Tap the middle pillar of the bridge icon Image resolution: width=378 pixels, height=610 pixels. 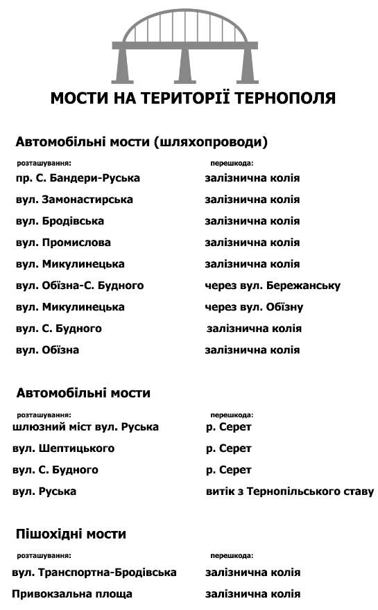pyautogui.click(x=184, y=66)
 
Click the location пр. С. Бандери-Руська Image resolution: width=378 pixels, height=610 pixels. pyautogui.click(x=78, y=178)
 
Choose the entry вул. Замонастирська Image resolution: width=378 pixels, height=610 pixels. pyautogui.click(x=74, y=200)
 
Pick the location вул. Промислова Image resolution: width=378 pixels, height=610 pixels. pyautogui.click(x=63, y=243)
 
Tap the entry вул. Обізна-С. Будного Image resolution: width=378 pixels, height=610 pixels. pyautogui.click(x=80, y=286)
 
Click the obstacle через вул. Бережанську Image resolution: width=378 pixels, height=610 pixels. pyautogui.click(x=273, y=286)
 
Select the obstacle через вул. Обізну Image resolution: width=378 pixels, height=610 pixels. pyautogui.click(x=254, y=307)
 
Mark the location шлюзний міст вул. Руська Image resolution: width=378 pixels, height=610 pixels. pyautogui.click(x=86, y=427)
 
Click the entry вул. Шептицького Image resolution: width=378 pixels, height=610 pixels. pyautogui.click(x=64, y=448)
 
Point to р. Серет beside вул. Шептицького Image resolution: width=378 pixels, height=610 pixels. pyautogui.click(x=229, y=448)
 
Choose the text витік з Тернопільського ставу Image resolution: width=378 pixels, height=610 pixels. pyautogui.click(x=290, y=491)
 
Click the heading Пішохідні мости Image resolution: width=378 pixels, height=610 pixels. pyautogui.click(x=71, y=534)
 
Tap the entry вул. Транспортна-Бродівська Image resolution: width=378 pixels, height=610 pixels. pyautogui.click(x=95, y=573)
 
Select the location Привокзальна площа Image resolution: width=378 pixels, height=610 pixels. pyautogui.click(x=73, y=594)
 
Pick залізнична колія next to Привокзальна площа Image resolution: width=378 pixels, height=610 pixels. pyautogui.click(x=253, y=594)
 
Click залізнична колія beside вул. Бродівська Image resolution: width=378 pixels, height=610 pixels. pyautogui.click(x=252, y=221)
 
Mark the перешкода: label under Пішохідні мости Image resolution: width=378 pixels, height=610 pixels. pyautogui.click(x=232, y=555)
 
